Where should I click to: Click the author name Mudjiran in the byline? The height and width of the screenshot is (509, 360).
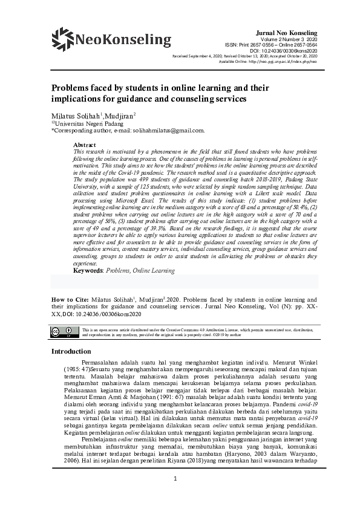[x=120, y=115]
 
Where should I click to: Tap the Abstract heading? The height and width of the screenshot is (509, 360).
[x=85, y=145]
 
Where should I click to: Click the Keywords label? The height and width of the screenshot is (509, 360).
[x=88, y=271]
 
